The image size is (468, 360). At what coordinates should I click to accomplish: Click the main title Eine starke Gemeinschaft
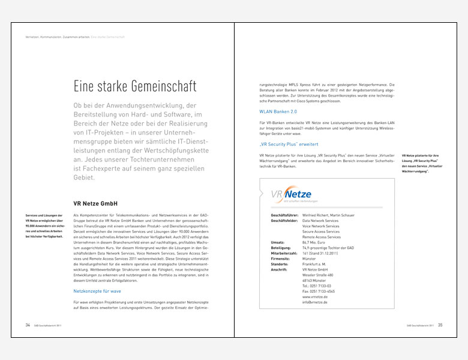tap(135, 86)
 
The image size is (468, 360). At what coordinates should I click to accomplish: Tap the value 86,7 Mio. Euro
tap(316, 242)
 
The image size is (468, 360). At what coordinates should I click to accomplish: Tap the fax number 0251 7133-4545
tap(319, 292)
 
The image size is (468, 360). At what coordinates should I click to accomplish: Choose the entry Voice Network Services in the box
tap(320, 226)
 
